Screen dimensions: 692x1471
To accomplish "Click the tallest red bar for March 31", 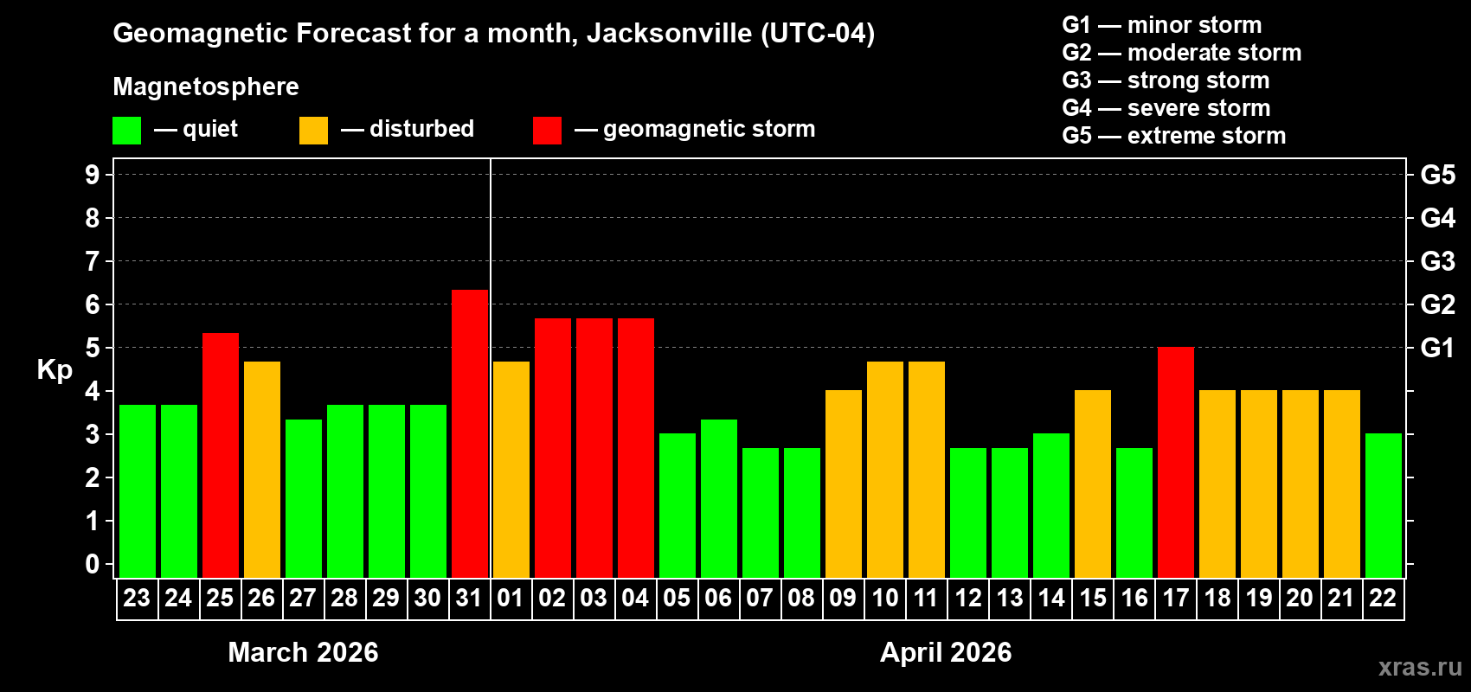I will tap(470, 432).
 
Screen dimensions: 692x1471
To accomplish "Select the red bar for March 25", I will tap(221, 454).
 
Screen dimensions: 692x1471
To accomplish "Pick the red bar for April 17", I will tap(1176, 462).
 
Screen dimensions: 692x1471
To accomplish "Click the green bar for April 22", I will tap(1384, 505).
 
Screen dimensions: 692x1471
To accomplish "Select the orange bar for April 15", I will tap(1093, 484).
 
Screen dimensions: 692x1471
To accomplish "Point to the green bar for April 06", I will tap(719, 498).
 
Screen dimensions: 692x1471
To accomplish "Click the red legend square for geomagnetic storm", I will tap(547, 131).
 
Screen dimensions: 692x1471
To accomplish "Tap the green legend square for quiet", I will tap(127, 131).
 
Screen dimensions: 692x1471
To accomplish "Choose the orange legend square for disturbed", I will tap(313, 131).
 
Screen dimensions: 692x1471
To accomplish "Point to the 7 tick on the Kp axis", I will tap(93, 261).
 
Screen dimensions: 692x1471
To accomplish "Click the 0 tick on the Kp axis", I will tap(93, 564).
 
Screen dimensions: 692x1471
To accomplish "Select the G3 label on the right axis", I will tap(1437, 261).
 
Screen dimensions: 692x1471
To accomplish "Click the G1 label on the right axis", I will tap(1437, 348).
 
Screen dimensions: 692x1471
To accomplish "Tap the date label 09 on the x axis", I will tap(843, 598).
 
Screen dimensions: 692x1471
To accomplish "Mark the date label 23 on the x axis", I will tap(137, 598).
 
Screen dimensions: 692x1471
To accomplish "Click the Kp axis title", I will tap(55, 369).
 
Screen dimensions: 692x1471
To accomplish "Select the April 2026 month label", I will tap(946, 652).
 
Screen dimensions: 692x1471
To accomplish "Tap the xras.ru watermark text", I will tap(1419, 667).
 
